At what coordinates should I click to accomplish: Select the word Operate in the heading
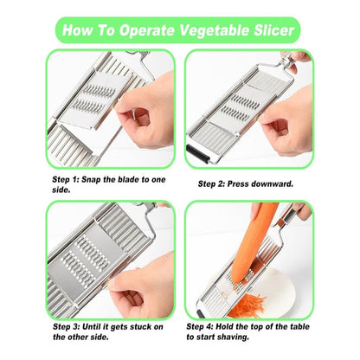click(x=147, y=31)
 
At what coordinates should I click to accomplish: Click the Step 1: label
click(x=66, y=179)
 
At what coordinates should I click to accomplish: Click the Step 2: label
click(x=211, y=183)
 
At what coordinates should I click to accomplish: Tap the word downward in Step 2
click(x=273, y=183)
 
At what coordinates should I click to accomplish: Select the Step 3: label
click(x=66, y=327)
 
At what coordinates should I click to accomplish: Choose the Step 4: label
click(x=200, y=326)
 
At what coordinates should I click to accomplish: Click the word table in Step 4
click(x=299, y=326)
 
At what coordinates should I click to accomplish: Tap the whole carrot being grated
click(x=254, y=241)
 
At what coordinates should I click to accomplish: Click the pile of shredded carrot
click(x=247, y=305)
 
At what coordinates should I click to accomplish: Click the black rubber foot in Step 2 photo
click(x=197, y=154)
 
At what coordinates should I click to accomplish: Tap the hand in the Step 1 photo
click(x=145, y=112)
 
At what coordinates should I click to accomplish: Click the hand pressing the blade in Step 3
click(x=142, y=286)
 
